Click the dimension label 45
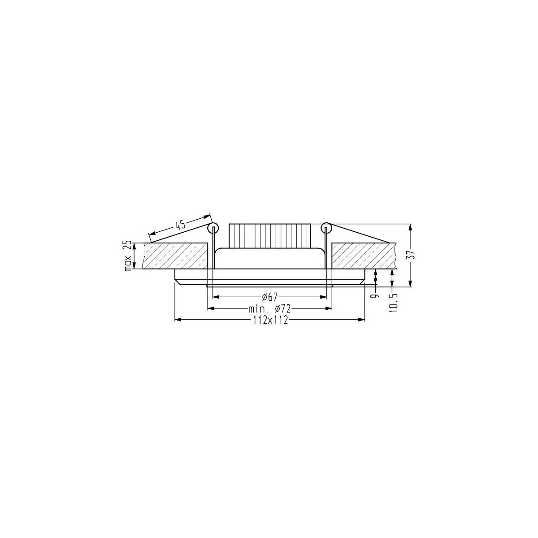pyautogui.click(x=180, y=226)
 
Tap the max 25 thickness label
pyautogui.click(x=128, y=256)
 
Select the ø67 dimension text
pyautogui.click(x=269, y=297)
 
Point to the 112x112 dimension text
pyautogui.click(x=269, y=320)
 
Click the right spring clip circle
pyautogui.click(x=326, y=228)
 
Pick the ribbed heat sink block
pyautogui.click(x=269, y=235)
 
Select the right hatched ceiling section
pyautogui.click(x=363, y=256)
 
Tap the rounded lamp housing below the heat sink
pyautogui.click(x=269, y=258)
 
